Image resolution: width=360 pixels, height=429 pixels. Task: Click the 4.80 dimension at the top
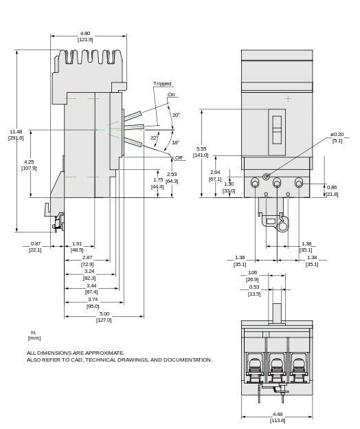(x=85, y=33)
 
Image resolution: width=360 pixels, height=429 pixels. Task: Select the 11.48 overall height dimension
(x=16, y=131)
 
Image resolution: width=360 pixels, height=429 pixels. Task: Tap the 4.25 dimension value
(x=29, y=162)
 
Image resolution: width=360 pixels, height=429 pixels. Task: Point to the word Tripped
(x=162, y=84)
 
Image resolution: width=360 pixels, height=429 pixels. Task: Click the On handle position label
(x=171, y=94)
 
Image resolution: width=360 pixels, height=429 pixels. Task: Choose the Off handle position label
(x=179, y=157)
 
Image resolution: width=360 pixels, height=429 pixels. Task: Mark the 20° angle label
(x=176, y=115)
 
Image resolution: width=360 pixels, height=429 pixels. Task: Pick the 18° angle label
(x=175, y=142)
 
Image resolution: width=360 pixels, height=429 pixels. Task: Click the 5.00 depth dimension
(x=104, y=313)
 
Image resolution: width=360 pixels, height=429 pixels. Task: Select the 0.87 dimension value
(x=36, y=243)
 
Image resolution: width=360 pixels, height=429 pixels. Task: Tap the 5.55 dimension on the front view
(x=201, y=148)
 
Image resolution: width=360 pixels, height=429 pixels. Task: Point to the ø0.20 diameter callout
(x=337, y=134)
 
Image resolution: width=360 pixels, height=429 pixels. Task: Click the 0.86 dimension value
(x=332, y=187)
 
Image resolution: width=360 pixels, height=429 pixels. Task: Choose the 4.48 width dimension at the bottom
(x=277, y=414)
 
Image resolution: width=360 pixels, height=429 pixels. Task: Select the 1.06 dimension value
(x=252, y=272)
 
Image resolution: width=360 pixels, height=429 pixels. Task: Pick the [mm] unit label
(x=34, y=338)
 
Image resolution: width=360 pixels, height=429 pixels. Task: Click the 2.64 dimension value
(x=215, y=172)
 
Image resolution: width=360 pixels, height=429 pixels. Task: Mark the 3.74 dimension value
(x=92, y=299)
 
